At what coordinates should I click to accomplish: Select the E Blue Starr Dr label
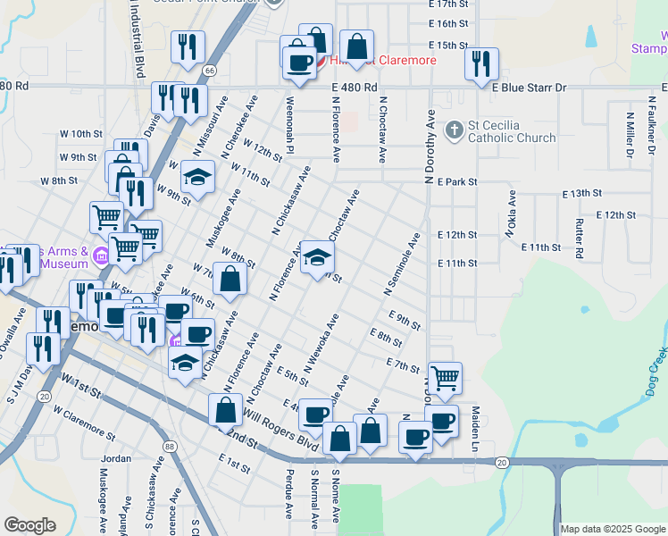point(529,87)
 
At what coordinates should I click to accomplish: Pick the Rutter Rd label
point(580,239)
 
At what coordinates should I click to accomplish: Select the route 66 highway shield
point(209,70)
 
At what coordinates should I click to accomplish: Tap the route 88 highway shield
point(169,447)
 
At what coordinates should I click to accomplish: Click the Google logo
point(30,525)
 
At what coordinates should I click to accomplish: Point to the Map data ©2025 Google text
point(613,529)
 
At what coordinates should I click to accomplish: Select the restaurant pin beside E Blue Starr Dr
point(480,63)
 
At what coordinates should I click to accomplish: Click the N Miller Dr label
point(630,134)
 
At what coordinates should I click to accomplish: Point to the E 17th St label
point(448,4)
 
